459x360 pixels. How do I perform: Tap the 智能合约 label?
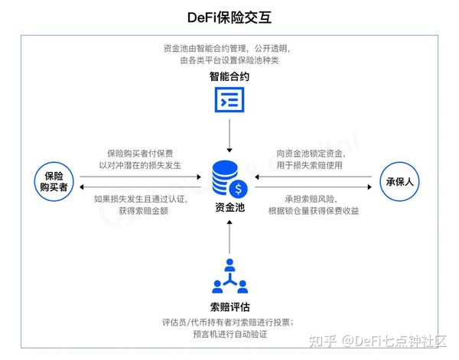click(229, 77)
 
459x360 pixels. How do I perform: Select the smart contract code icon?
click(229, 100)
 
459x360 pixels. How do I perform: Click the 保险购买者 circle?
click(53, 182)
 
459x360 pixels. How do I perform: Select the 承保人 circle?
click(401, 182)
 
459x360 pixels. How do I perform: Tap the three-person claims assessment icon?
click(229, 277)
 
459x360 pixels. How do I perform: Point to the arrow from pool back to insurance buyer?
click(142, 186)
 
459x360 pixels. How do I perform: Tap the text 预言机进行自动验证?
click(229, 334)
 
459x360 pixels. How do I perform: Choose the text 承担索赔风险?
click(302, 198)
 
